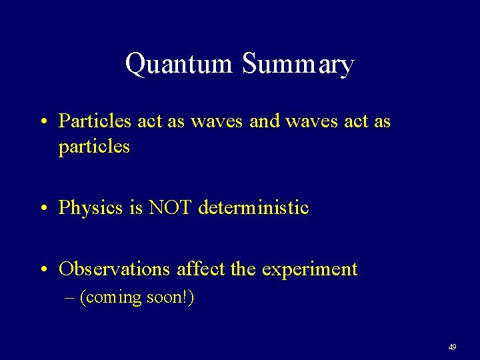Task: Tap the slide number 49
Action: click(x=452, y=347)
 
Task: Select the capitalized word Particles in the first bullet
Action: click(x=95, y=121)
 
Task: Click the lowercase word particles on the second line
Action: click(x=94, y=147)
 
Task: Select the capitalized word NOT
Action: click(x=171, y=208)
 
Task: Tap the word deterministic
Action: click(x=253, y=208)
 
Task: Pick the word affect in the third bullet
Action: click(x=201, y=269)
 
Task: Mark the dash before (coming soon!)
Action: click(x=70, y=297)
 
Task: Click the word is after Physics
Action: click(x=136, y=208)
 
